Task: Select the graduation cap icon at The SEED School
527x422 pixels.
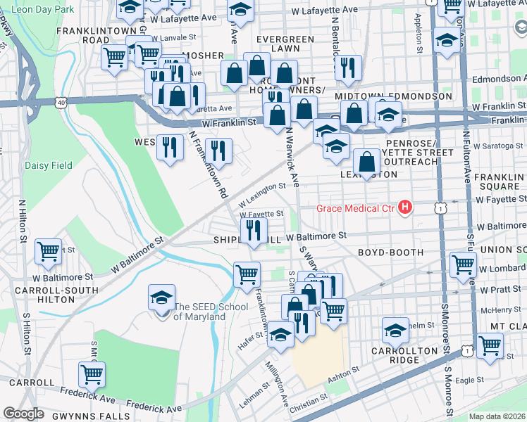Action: [161, 298]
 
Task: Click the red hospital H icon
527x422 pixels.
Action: [405, 207]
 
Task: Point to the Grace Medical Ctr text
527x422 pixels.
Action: [355, 207]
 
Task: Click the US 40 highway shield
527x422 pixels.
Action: [61, 103]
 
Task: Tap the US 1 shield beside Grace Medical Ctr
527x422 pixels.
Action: [441, 207]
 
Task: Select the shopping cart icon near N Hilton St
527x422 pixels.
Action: [49, 250]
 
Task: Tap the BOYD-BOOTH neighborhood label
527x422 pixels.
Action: [390, 252]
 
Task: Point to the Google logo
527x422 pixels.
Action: [23, 414]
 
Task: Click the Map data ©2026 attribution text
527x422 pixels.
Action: [497, 416]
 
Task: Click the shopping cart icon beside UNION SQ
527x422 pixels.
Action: [463, 264]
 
